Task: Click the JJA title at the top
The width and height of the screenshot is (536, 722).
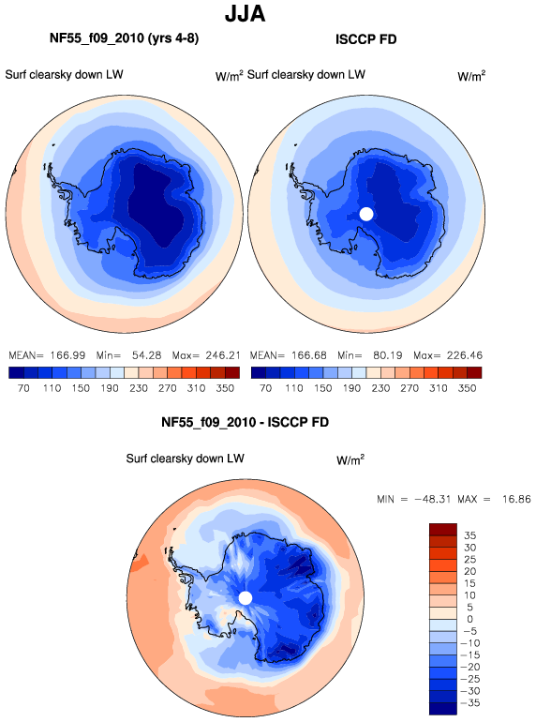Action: click(x=246, y=14)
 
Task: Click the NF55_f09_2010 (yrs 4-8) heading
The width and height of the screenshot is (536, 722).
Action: click(x=125, y=38)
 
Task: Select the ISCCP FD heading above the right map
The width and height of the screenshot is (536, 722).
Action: click(x=365, y=39)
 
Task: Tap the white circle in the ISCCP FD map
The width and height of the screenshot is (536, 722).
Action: click(x=365, y=214)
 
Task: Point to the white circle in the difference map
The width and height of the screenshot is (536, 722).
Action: click(x=246, y=598)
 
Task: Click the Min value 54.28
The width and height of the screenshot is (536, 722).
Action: click(x=146, y=355)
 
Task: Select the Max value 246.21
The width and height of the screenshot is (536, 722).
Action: click(x=223, y=355)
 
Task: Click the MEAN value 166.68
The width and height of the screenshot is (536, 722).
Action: click(x=308, y=355)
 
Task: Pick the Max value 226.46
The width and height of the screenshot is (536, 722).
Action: click(x=465, y=355)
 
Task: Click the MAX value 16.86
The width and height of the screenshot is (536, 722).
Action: click(x=515, y=499)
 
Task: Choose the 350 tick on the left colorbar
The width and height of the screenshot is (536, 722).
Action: click(x=225, y=388)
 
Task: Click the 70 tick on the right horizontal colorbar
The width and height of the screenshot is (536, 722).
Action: click(x=265, y=388)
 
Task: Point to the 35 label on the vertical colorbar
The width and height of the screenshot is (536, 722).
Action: click(x=469, y=535)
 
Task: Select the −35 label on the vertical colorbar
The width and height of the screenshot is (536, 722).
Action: click(x=470, y=702)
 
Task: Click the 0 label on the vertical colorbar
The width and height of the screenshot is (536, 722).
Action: click(x=469, y=619)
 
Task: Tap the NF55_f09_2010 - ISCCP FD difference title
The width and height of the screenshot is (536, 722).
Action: click(x=245, y=422)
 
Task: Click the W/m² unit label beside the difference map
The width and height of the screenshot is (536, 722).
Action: click(x=350, y=459)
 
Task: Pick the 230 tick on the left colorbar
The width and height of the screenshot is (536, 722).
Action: click(x=139, y=388)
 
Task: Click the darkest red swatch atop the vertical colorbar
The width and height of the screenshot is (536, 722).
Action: click(x=443, y=529)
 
